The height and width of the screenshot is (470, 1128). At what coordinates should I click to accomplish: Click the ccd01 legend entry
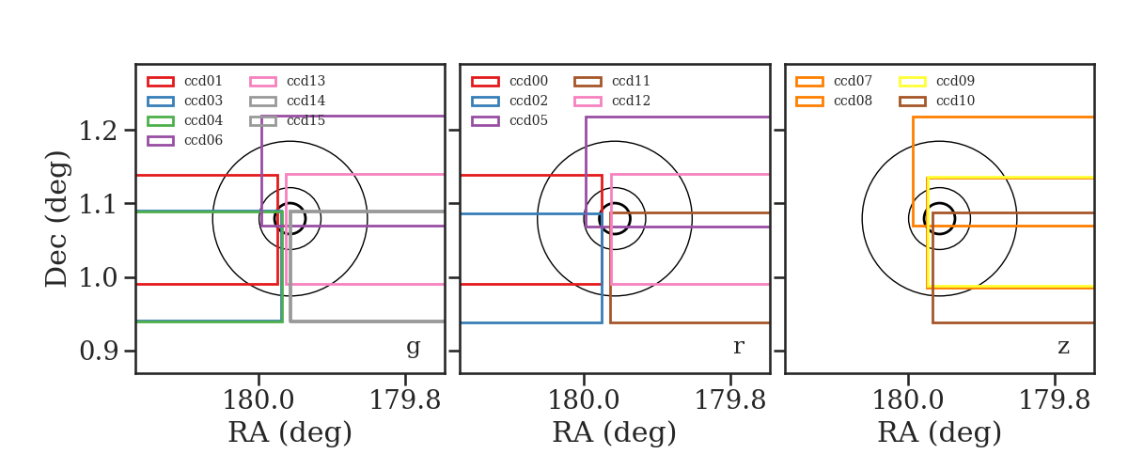pyautogui.click(x=185, y=81)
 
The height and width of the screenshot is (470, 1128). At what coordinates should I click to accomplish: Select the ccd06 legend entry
pyautogui.click(x=185, y=140)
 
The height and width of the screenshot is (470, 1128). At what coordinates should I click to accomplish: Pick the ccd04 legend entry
pyautogui.click(x=185, y=120)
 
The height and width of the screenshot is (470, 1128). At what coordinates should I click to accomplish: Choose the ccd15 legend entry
pyautogui.click(x=288, y=120)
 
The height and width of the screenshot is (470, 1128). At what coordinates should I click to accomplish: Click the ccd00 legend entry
pyautogui.click(x=509, y=81)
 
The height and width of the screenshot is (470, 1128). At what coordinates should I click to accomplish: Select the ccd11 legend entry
pyautogui.click(x=612, y=81)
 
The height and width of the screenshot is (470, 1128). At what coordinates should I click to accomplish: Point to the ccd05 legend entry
pyautogui.click(x=509, y=120)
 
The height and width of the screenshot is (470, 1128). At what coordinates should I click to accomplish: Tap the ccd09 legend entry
pyautogui.click(x=936, y=81)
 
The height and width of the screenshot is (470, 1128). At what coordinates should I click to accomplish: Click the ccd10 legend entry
pyautogui.click(x=936, y=101)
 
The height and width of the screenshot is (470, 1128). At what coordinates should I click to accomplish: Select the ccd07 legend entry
pyautogui.click(x=834, y=81)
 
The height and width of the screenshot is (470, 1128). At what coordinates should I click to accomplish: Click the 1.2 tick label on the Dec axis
pyautogui.click(x=98, y=131)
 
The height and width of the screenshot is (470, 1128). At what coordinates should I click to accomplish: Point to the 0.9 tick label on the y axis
pyautogui.click(x=98, y=351)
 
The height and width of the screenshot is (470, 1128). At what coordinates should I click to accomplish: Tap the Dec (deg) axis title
pyautogui.click(x=55, y=219)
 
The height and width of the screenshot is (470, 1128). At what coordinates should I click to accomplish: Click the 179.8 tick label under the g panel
pyautogui.click(x=405, y=400)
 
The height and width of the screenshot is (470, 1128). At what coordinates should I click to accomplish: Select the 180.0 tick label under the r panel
pyautogui.click(x=584, y=400)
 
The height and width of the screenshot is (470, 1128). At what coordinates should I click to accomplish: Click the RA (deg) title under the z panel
pyautogui.click(x=939, y=432)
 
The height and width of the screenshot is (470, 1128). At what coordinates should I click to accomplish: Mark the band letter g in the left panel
pyautogui.click(x=413, y=347)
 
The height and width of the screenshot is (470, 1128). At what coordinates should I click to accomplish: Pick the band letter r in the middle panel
pyautogui.click(x=738, y=346)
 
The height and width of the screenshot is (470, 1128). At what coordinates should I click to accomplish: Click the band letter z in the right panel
pyautogui.click(x=1063, y=347)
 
